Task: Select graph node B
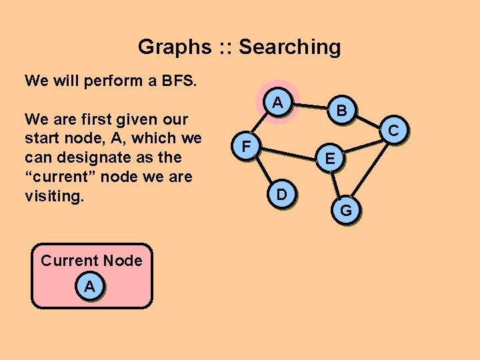pos(341,111)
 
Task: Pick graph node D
pos(282,195)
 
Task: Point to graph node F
pos(246,145)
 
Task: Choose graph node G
pos(346,211)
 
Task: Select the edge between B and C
pos(367,121)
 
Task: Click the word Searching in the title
pos(289,47)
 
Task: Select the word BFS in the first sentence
pos(178,81)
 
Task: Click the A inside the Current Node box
pos(90,287)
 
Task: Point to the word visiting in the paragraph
pos(53,197)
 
